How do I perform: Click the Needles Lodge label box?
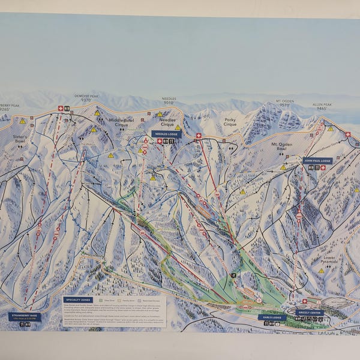click(166, 134)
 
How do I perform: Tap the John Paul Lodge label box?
click(317, 161)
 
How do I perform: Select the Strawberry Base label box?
click(25, 316)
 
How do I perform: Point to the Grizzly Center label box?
click(309, 312)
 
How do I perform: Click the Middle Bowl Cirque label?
click(121, 122)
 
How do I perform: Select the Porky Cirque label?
click(230, 122)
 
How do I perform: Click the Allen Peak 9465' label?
click(322, 106)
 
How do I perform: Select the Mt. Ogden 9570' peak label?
click(284, 103)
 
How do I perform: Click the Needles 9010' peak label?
click(169, 101)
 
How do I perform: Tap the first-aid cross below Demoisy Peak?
click(60, 109)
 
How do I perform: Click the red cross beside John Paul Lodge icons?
click(323, 168)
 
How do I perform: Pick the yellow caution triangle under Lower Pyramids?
click(321, 271)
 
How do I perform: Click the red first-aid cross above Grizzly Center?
click(304, 301)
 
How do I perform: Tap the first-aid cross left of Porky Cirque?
click(199, 136)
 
